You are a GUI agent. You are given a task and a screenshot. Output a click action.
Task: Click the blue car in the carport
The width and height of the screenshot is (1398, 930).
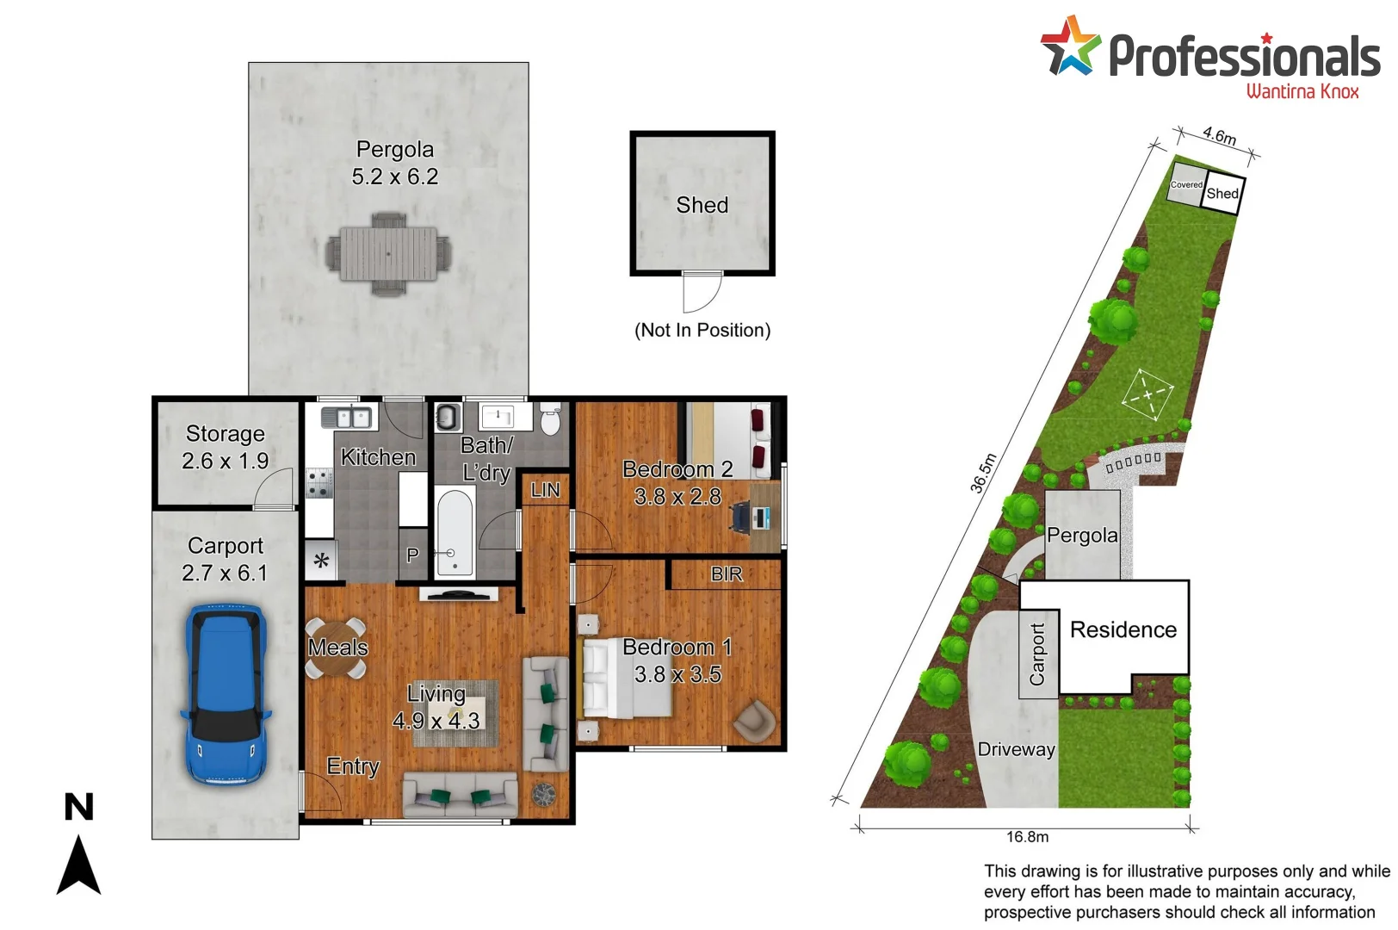tap(225, 694)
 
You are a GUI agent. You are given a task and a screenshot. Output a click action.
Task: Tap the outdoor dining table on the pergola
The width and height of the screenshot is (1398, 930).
tap(388, 254)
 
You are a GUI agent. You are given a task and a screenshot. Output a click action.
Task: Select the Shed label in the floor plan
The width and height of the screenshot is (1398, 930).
tap(702, 205)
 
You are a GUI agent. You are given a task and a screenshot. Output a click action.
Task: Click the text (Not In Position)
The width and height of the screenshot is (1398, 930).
tap(702, 331)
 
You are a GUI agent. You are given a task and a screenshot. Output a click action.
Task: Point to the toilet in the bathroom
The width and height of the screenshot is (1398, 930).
tap(551, 421)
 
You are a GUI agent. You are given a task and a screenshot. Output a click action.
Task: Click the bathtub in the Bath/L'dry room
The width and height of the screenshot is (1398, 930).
tap(454, 531)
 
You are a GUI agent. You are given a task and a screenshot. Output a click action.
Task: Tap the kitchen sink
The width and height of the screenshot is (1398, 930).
tap(346, 418)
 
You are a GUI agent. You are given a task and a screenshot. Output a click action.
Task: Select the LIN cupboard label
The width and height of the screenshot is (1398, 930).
tap(545, 490)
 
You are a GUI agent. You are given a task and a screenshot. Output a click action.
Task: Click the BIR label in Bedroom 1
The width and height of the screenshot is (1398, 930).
tap(726, 574)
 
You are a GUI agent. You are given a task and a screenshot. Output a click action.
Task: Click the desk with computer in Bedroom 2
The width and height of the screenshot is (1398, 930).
tap(761, 517)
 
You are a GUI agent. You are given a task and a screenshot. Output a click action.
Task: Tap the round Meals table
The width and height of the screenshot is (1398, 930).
tap(336, 647)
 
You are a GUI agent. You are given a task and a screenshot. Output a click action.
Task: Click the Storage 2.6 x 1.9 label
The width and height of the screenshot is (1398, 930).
tap(225, 447)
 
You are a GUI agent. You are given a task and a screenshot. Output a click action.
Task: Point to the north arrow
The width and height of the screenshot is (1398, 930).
tap(78, 864)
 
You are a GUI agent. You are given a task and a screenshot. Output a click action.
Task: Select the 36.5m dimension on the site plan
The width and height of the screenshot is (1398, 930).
tap(983, 473)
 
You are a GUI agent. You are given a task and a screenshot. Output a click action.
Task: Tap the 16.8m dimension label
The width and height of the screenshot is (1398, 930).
tap(1027, 837)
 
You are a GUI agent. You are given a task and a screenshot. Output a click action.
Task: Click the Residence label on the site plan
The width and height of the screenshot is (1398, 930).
tap(1123, 630)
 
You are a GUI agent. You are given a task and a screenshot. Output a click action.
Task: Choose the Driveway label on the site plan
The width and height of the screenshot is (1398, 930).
tap(1016, 749)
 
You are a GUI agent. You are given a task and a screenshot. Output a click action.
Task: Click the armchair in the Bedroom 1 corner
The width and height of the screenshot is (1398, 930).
tap(753, 720)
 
